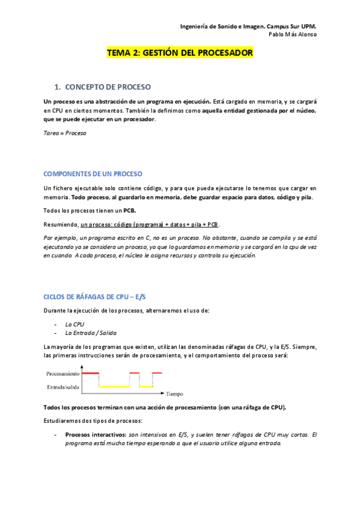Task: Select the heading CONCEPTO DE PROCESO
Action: point(108,87)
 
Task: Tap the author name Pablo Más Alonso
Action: point(293,34)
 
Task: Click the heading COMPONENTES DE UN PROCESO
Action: point(93,174)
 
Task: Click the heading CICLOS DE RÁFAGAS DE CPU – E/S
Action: point(95,297)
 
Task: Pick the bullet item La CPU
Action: point(75,324)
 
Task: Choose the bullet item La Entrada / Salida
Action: point(91,333)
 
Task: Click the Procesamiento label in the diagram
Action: point(64,373)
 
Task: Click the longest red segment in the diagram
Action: point(91,373)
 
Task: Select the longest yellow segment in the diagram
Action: point(114,386)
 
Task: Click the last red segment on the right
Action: point(157,373)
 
